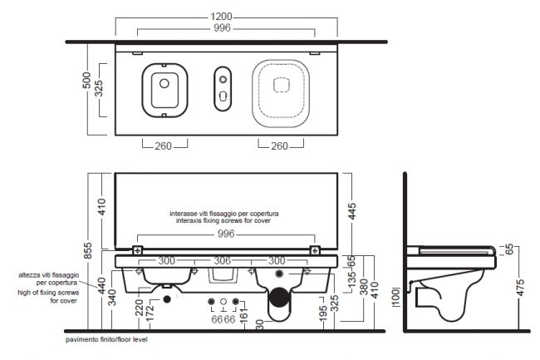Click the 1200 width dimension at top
pos(222,17)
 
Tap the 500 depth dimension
pos(87,81)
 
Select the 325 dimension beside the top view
pos(99,89)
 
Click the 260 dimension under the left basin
pos(163,146)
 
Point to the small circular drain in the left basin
pos(164,83)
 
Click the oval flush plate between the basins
pos(223,88)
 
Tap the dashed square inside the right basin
pos(281,85)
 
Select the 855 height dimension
pos(88,250)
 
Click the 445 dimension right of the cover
pos(352,212)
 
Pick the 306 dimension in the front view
pos(223,261)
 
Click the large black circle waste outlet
pos(279,298)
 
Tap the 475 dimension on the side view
pos(520,288)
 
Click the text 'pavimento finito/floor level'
pos(106,340)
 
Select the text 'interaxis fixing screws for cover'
pos(223,220)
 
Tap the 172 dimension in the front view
pos(150,313)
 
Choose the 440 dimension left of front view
pos(101,285)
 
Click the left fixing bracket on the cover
pos(138,250)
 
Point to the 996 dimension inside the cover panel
pos(226,234)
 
